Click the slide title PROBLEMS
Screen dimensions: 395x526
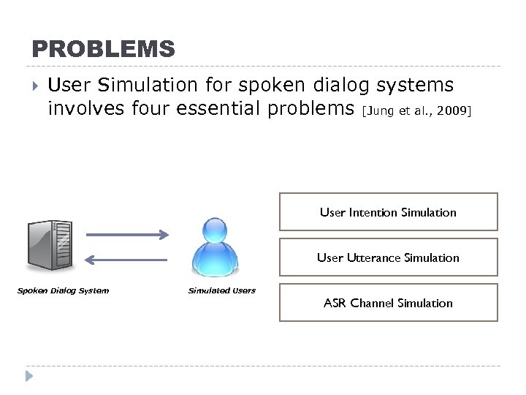point(103,49)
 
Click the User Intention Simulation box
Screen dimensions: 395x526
point(388,212)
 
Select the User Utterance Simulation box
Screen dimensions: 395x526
point(388,257)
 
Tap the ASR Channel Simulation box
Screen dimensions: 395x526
point(388,303)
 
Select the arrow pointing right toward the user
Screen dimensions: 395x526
point(128,235)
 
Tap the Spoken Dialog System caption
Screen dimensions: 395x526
point(63,290)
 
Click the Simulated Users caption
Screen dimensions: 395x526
point(222,290)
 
